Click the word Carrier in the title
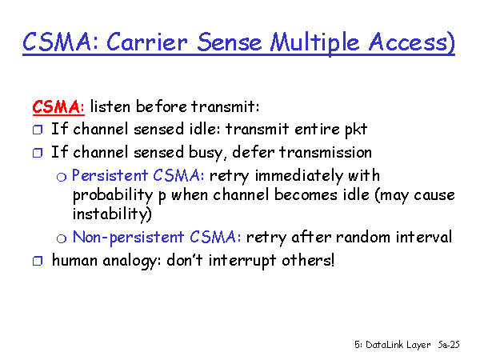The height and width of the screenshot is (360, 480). click(x=146, y=42)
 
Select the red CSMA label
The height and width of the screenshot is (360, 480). click(x=56, y=107)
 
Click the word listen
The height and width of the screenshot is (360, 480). click(x=110, y=106)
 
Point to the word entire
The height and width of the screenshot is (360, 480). click(x=317, y=129)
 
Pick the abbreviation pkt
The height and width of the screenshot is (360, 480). click(x=356, y=130)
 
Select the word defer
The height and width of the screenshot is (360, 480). click(x=253, y=152)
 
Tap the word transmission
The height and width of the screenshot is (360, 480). click(x=326, y=152)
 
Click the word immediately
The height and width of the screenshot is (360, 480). click(x=298, y=177)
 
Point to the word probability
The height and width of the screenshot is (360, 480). click(x=112, y=196)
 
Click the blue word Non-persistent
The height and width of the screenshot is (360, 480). click(x=128, y=238)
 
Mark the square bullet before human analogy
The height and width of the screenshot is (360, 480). click(x=38, y=261)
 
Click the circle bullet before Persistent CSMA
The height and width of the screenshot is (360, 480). click(x=62, y=177)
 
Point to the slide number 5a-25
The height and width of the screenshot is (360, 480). click(x=449, y=344)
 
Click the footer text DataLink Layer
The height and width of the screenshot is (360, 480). click(x=398, y=345)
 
